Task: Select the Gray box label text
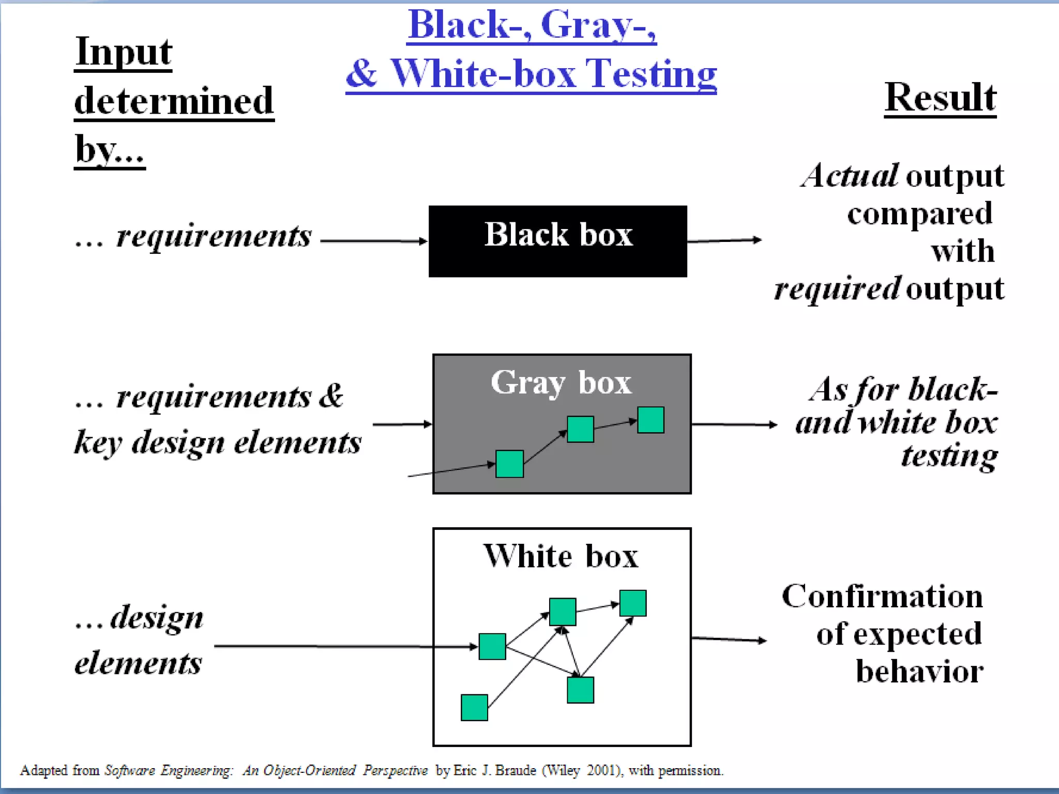point(561,383)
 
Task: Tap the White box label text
point(561,556)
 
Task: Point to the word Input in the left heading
point(123,52)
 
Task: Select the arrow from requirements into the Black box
point(373,240)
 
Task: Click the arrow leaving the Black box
point(724,240)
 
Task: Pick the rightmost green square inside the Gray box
point(650,419)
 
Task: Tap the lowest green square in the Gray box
point(509,464)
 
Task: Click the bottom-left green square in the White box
point(474,707)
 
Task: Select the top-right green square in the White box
point(632,603)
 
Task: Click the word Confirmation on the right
point(882,596)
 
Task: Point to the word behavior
point(919,671)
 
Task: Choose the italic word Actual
point(850,176)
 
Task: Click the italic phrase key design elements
point(217,442)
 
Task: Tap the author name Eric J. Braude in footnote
point(494,770)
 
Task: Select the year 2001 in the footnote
point(601,770)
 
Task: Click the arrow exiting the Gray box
point(734,424)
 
